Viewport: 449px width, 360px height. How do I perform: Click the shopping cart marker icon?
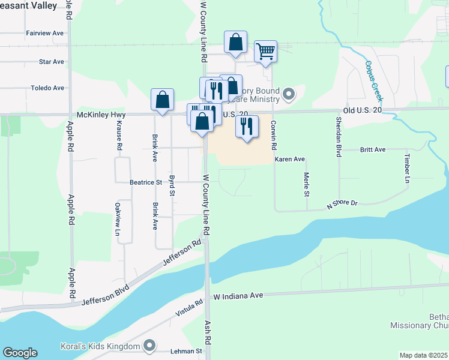(x=265, y=52)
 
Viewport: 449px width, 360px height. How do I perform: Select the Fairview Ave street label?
(x=45, y=33)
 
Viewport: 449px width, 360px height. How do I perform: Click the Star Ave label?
(x=51, y=62)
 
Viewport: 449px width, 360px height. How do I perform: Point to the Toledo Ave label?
(x=47, y=88)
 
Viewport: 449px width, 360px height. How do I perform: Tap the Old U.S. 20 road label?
(x=363, y=110)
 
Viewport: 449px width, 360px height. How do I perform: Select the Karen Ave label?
(x=290, y=159)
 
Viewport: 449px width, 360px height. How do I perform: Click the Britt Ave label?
(x=372, y=149)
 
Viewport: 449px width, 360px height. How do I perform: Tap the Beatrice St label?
(x=146, y=182)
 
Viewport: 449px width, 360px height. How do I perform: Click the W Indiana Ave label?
(x=239, y=296)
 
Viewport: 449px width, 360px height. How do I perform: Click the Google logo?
(x=20, y=353)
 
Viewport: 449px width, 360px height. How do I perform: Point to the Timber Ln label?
(x=407, y=168)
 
